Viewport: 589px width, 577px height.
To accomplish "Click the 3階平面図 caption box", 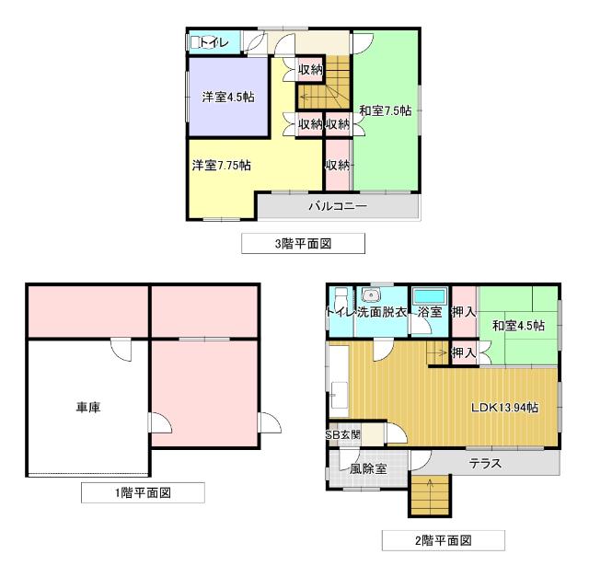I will pyautogui.click(x=303, y=243).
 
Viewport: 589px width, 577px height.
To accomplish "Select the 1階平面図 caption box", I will pyautogui.click(x=142, y=493).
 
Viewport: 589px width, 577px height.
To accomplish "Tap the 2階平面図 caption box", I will pyautogui.click(x=444, y=540).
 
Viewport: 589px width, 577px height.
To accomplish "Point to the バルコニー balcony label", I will pyautogui.click(x=337, y=206).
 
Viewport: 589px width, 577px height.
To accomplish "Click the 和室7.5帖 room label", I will pyautogui.click(x=385, y=111).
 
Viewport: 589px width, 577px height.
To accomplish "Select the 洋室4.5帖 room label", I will pyautogui.click(x=228, y=98).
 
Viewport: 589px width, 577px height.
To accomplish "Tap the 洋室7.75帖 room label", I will pyautogui.click(x=222, y=166).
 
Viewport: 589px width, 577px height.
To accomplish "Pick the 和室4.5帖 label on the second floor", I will pyautogui.click(x=517, y=326).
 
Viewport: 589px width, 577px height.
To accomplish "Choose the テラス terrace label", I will pyautogui.click(x=485, y=463).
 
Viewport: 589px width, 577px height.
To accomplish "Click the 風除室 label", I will pyautogui.click(x=367, y=468).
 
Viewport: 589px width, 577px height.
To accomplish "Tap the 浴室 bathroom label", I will pyautogui.click(x=430, y=313).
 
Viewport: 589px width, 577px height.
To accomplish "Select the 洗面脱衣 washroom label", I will pyautogui.click(x=382, y=313).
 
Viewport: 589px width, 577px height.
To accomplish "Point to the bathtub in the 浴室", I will pyautogui.click(x=429, y=296).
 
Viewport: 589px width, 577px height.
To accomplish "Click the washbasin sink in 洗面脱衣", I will pyautogui.click(x=372, y=295).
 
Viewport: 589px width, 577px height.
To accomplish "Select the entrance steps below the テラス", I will pyautogui.click(x=427, y=498).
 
